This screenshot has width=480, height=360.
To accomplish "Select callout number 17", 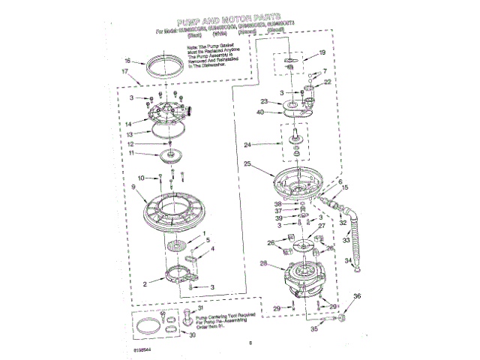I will (125, 73).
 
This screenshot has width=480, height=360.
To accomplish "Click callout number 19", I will (322, 52).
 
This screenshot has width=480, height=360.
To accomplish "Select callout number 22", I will (326, 82).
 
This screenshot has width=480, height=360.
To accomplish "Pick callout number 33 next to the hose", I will (346, 241).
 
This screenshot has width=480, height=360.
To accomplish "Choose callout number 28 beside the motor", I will (262, 263).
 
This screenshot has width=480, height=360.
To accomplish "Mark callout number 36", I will (357, 297).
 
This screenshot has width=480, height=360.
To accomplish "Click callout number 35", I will (314, 328).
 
